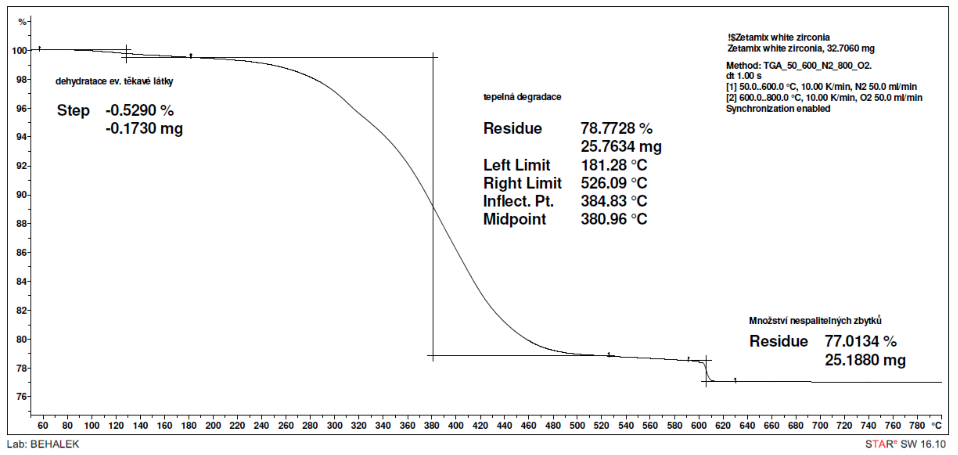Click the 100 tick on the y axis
19,51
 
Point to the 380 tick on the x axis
431,425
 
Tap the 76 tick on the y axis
22,397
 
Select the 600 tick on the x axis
698,425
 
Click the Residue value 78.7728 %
616,128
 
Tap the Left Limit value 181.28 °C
614,165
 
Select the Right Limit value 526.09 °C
614,183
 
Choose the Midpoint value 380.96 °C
614,219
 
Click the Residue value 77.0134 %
860,341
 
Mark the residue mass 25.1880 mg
865,360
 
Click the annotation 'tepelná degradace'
522,97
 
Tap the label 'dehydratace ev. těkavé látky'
114,82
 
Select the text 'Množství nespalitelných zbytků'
815,320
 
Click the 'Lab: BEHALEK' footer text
43,444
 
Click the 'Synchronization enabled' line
778,109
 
